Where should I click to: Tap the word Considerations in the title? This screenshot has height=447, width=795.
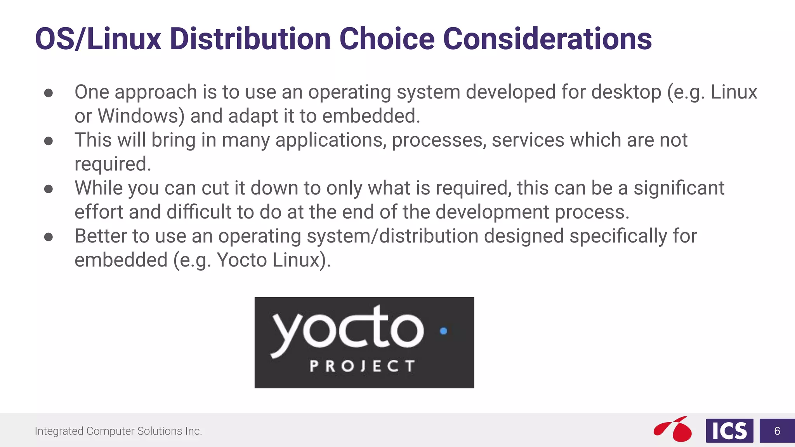pos(547,39)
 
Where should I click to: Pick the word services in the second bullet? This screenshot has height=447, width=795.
pos(528,140)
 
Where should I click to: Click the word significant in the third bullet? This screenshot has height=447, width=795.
pos(679,188)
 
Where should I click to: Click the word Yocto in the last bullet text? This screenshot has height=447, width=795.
pos(242,260)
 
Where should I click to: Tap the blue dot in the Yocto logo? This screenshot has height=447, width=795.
pos(444,331)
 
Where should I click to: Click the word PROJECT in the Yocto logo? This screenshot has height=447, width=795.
pos(362,366)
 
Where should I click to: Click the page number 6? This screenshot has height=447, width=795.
pos(777,431)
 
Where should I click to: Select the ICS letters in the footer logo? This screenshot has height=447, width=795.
pos(729,431)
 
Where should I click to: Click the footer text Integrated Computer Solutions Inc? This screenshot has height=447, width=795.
pos(118,431)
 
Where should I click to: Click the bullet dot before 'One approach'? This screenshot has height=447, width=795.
pos(49,93)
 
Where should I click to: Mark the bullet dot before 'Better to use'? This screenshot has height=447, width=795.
pos(49,237)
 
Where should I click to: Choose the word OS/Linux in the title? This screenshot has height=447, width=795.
pos(98,39)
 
